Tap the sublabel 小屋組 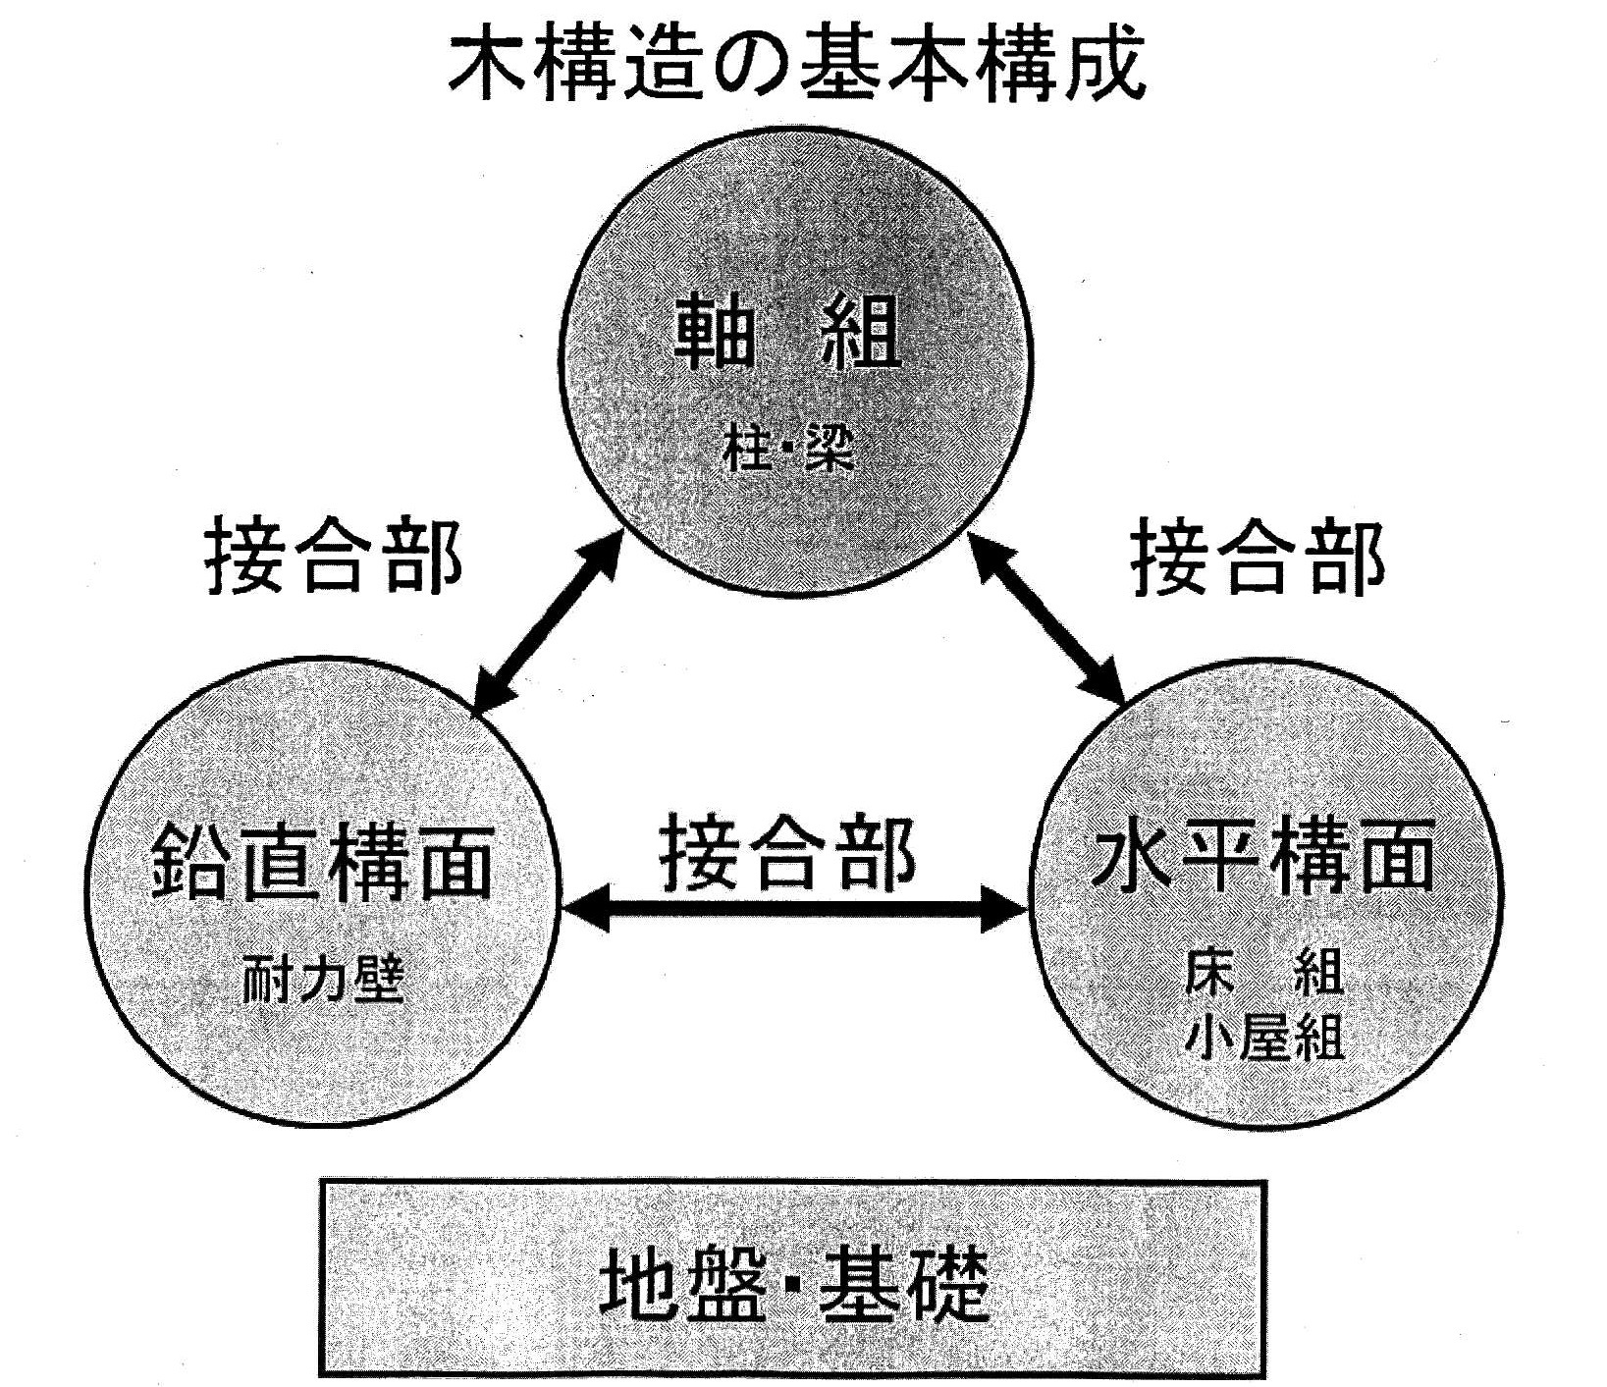(1263, 1035)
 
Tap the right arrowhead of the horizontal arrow (1006, 913)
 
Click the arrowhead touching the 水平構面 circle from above (1107, 686)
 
